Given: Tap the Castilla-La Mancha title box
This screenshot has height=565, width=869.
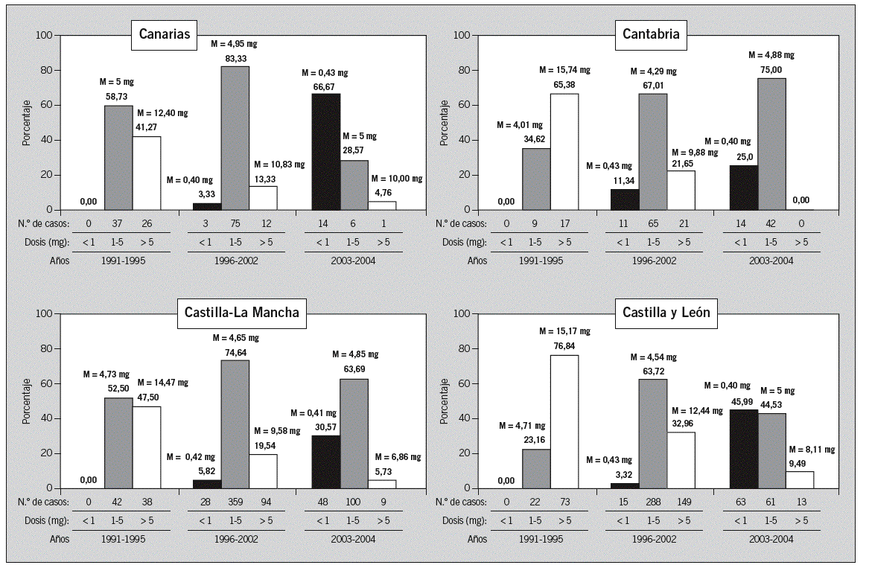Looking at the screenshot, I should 242,313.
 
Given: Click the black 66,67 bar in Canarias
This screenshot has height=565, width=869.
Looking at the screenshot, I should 325,152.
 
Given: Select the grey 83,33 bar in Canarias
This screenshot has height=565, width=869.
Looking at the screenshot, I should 235,138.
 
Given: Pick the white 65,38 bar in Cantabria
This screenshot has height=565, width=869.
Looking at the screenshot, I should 564,152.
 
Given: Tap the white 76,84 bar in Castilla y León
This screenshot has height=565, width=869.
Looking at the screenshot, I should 564,421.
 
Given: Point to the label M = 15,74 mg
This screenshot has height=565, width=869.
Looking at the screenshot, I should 564,70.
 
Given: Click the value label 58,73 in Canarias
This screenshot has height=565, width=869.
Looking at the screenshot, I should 118,96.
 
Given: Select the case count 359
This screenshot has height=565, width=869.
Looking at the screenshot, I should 235,502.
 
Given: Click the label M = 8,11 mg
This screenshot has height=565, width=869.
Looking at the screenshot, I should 810,450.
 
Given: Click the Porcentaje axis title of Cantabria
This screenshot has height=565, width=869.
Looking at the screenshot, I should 445,123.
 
